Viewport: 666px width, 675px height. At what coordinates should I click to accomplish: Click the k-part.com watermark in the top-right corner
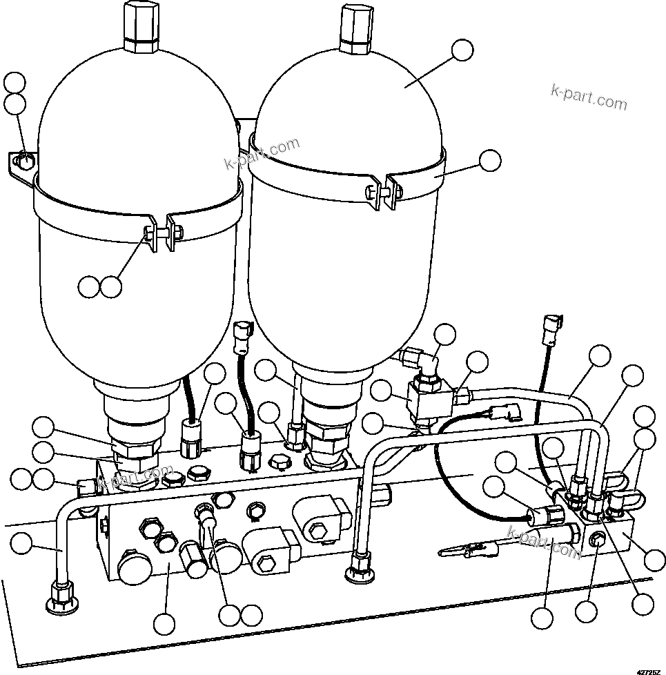(589, 98)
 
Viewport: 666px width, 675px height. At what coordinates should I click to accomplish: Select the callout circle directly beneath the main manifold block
(164, 623)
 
